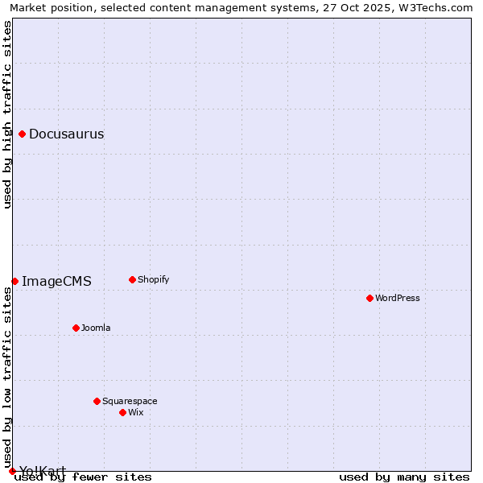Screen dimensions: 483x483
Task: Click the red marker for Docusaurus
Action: (x=23, y=134)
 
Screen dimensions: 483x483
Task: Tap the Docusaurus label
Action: (x=66, y=134)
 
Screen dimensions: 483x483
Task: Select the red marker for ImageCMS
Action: (x=15, y=281)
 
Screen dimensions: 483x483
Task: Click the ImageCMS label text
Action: (x=56, y=281)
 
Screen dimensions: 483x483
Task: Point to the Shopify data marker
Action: (x=133, y=280)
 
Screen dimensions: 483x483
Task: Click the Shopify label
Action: (x=153, y=280)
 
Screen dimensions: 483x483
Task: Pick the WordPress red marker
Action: (x=370, y=299)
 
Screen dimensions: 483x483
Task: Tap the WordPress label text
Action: (x=398, y=299)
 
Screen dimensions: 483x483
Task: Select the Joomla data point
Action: (x=76, y=328)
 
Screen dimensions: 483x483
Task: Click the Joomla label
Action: (x=96, y=328)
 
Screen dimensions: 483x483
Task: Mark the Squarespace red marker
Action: (x=97, y=401)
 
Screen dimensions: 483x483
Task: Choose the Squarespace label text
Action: (x=130, y=401)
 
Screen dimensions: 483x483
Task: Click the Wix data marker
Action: (x=123, y=412)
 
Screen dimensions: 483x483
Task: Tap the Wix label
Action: (x=136, y=412)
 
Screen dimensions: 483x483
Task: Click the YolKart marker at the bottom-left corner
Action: (x=12, y=471)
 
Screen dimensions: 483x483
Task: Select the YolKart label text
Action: (x=43, y=471)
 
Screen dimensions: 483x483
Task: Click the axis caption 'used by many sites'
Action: (x=404, y=477)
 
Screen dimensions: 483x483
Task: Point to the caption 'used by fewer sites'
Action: (x=84, y=477)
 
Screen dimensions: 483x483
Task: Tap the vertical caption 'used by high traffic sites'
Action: (x=8, y=114)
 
